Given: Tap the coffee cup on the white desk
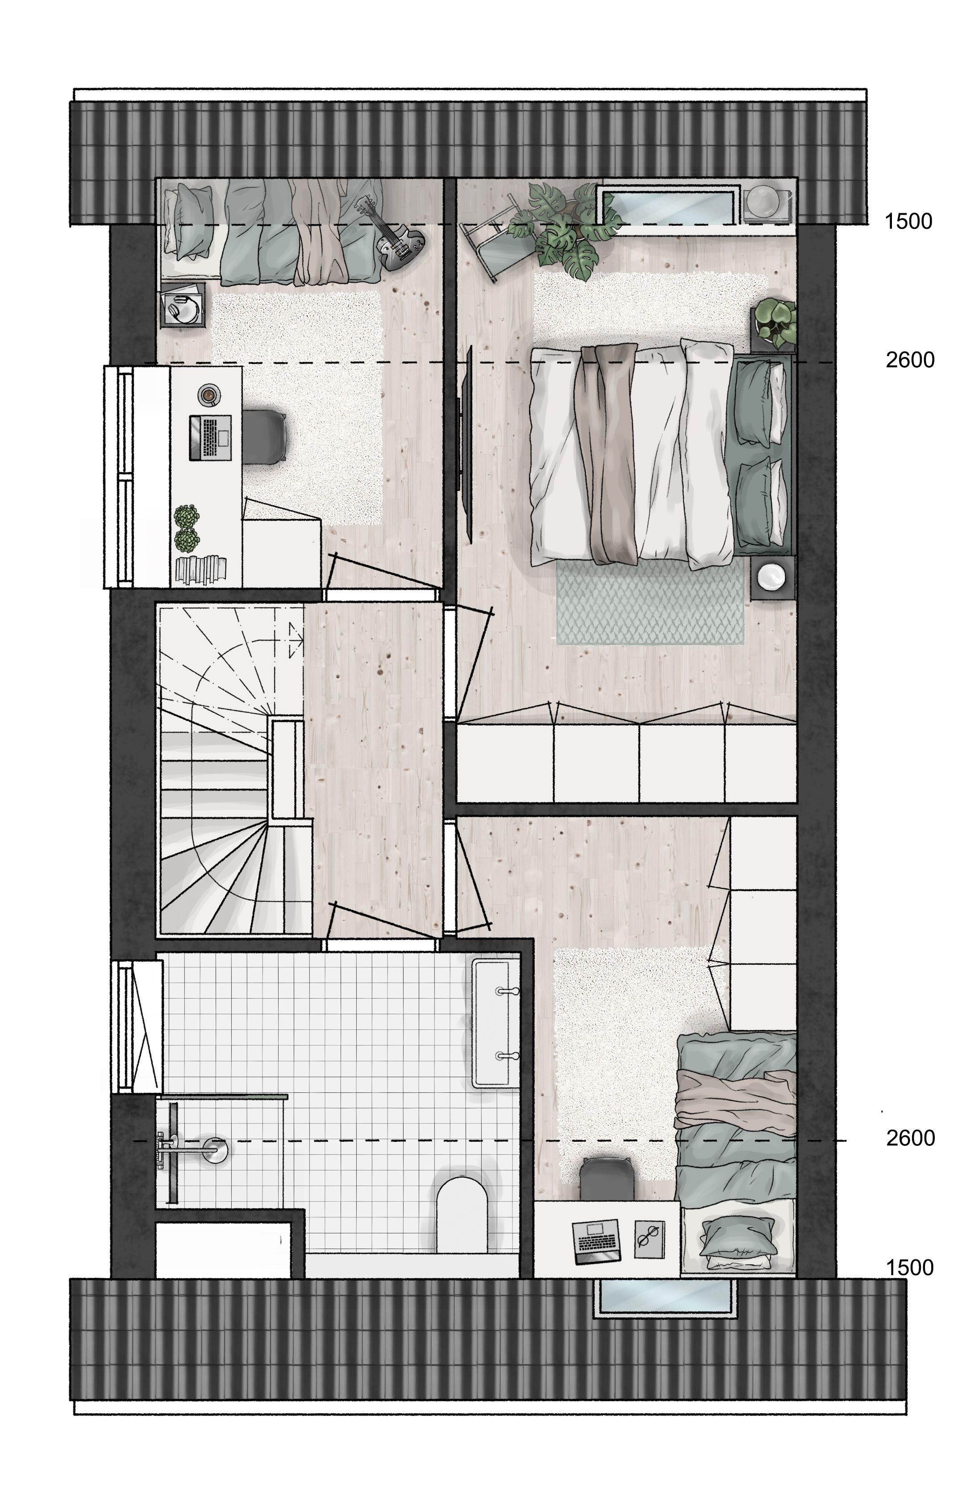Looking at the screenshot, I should [208, 395].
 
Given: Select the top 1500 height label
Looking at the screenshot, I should [908, 221].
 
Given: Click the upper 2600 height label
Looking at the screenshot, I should [910, 360].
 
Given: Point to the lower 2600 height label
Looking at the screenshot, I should [910, 1138].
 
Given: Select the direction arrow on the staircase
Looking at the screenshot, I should [295, 640].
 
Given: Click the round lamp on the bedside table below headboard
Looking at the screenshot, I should [773, 577].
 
